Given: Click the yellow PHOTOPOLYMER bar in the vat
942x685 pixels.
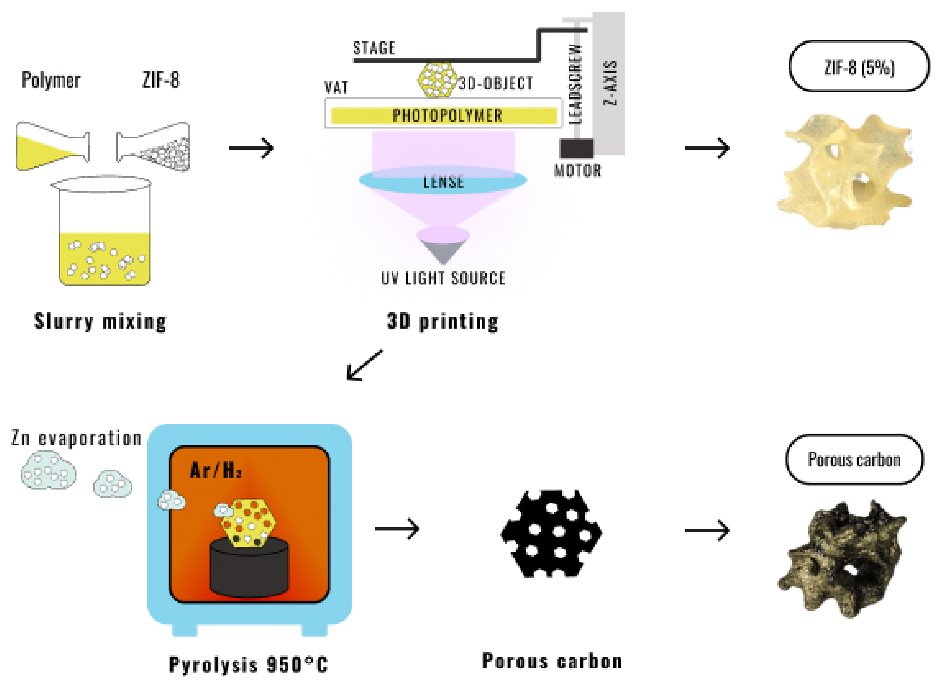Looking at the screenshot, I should point(444,116).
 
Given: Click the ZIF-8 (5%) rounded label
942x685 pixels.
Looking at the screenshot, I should point(859,67).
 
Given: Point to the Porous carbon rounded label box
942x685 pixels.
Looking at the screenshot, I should point(854,460).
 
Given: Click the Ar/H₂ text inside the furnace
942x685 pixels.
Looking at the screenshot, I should point(216,471).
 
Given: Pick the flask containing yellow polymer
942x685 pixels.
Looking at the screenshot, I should point(52,146).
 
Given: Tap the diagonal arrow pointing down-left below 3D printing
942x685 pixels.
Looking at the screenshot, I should point(364,365).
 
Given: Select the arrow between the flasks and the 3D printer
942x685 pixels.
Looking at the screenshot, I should point(251,148).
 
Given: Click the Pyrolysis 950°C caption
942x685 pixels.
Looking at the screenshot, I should point(248,664).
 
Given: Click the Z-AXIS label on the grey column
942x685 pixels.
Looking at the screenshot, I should point(610,83).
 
